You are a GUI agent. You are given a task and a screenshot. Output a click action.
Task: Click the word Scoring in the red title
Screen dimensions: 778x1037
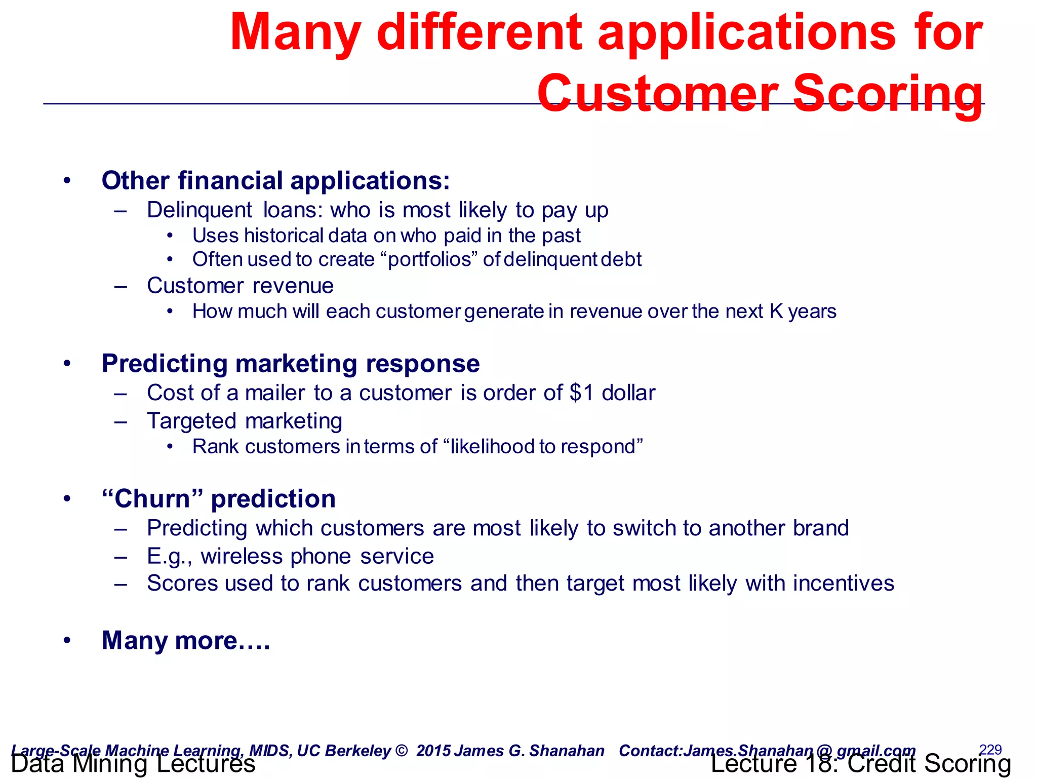tap(887, 94)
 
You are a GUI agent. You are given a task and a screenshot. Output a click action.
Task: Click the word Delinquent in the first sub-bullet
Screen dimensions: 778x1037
tap(199, 210)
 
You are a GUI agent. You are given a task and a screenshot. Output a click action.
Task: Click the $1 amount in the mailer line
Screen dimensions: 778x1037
tap(581, 393)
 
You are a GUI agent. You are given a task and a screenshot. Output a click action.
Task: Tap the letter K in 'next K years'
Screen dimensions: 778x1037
tap(776, 312)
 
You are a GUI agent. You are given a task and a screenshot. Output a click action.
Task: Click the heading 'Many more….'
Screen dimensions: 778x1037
tap(186, 640)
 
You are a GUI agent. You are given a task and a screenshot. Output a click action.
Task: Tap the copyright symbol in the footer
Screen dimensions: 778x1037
tap(401, 751)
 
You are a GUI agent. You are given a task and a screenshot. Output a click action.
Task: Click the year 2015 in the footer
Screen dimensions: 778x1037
tap(433, 751)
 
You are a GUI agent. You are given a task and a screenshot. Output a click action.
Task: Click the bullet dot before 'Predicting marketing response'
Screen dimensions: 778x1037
tap(67, 364)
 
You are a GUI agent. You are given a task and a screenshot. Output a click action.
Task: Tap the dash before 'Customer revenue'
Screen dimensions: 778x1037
tap(121, 286)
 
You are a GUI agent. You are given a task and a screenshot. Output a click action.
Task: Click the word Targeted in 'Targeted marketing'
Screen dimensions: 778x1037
tap(191, 421)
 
